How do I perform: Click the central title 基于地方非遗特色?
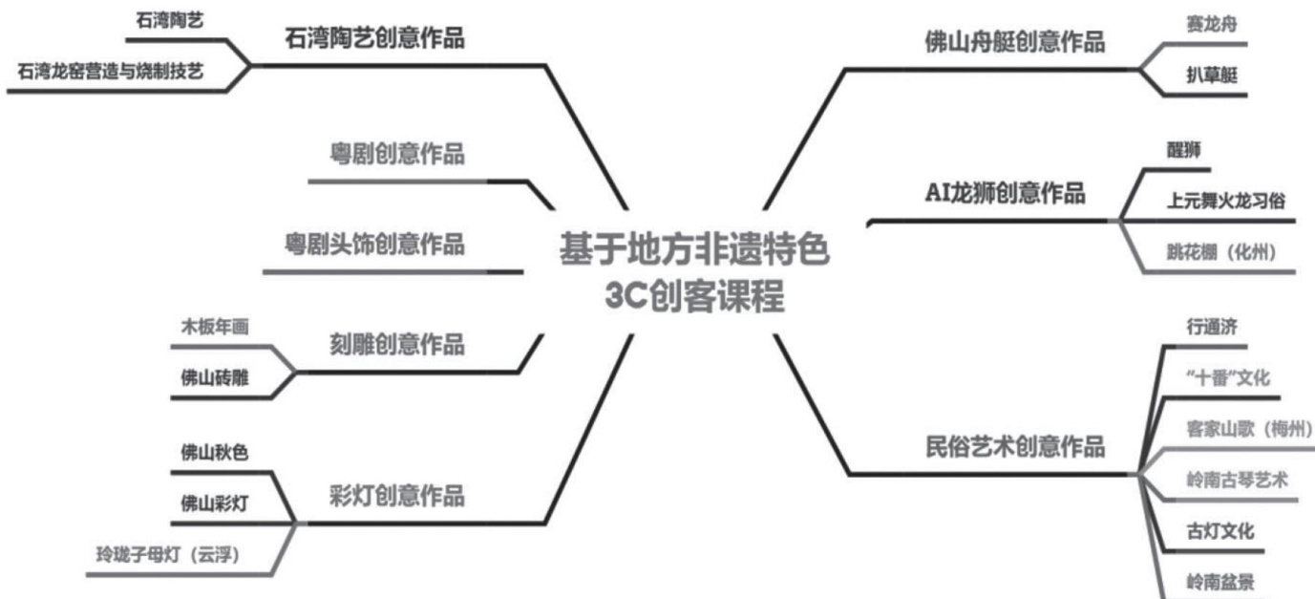pos(694,251)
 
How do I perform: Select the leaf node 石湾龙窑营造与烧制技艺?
pos(110,72)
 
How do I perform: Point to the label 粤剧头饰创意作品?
pos(375,245)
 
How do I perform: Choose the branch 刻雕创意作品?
pos(393,344)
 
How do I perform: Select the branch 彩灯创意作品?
pos(393,497)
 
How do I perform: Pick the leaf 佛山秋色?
pos(215,453)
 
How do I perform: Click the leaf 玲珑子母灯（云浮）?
pos(166,554)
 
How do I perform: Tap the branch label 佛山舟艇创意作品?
pos(1014,42)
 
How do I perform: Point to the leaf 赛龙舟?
pos(1208,25)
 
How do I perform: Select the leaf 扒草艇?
pos(1208,75)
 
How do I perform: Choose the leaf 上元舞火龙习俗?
pos(1225,202)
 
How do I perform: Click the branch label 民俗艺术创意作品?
pos(1014,446)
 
